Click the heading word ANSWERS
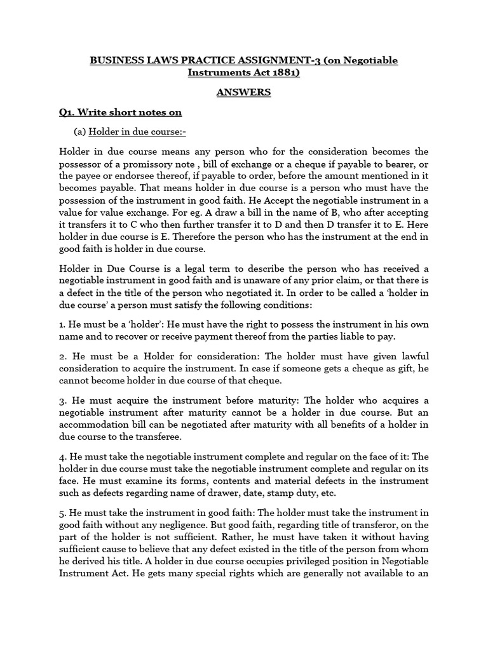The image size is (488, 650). pyautogui.click(x=243, y=92)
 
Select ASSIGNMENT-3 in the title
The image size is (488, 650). pyautogui.click(x=277, y=60)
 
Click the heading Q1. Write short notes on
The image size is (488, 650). pyautogui.click(x=120, y=112)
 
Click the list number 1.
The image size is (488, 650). pyautogui.click(x=61, y=324)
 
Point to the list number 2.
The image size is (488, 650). pyautogui.click(x=62, y=356)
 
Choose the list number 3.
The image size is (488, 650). pyautogui.click(x=62, y=401)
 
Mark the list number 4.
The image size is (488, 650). pyautogui.click(x=62, y=456)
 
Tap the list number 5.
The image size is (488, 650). pyautogui.click(x=62, y=512)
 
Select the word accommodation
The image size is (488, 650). pyautogui.click(x=98, y=425)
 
